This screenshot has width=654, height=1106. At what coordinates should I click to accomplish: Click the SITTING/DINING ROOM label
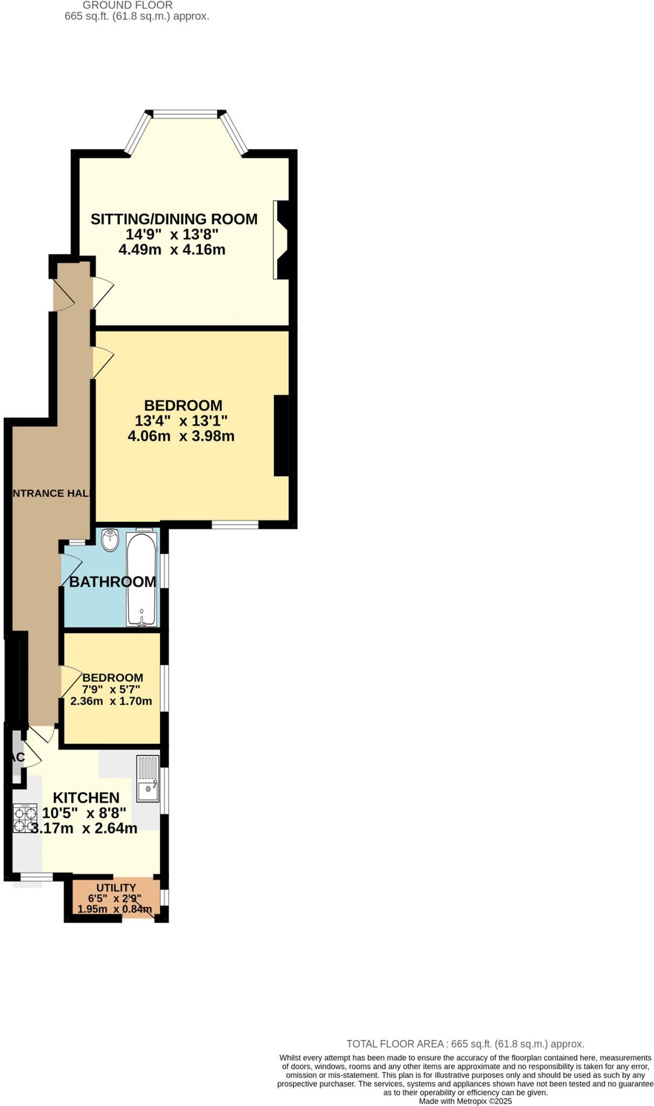174,219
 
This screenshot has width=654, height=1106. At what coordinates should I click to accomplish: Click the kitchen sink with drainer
148,778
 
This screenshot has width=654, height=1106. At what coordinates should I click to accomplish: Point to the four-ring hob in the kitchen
25,818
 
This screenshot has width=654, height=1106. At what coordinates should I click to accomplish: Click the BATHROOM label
112,582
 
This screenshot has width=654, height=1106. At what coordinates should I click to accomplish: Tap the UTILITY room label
116,888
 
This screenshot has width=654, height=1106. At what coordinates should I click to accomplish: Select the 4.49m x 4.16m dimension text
172,249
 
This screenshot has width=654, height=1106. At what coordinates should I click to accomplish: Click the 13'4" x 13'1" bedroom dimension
181,421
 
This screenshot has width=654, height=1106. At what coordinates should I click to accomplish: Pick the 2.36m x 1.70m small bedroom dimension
111,702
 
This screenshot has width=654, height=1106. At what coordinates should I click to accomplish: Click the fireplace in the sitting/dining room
283,240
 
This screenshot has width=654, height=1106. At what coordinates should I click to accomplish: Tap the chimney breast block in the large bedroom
281,436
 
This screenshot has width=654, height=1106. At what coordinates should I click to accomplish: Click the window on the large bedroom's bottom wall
235,524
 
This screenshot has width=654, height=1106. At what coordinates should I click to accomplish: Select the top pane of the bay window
185,114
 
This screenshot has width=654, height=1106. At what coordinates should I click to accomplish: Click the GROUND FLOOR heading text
127,5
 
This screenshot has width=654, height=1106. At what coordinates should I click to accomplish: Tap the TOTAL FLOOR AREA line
465,1044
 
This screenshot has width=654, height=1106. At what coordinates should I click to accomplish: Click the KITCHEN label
86,798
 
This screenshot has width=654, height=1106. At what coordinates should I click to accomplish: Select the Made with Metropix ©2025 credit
465,1101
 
